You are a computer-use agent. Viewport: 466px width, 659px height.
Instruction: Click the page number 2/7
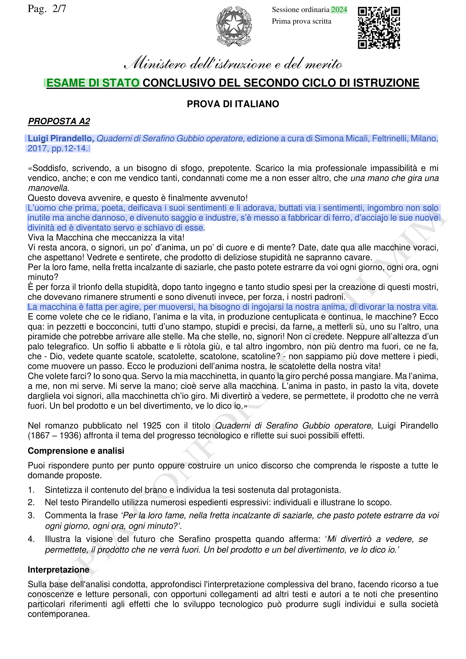(59, 9)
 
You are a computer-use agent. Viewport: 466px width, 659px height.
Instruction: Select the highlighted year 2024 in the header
(339, 10)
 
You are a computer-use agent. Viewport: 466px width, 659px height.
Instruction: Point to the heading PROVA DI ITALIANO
(233, 104)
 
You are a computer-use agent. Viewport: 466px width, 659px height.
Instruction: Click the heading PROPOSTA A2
(59, 121)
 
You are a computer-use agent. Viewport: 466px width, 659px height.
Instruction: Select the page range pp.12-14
(70, 148)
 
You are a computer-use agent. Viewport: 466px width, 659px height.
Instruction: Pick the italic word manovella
(48, 188)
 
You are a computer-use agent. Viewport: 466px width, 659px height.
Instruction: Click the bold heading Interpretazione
(59, 570)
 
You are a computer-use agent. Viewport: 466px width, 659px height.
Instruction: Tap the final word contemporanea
(59, 614)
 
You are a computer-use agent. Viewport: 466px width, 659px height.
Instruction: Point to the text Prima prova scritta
(301, 21)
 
